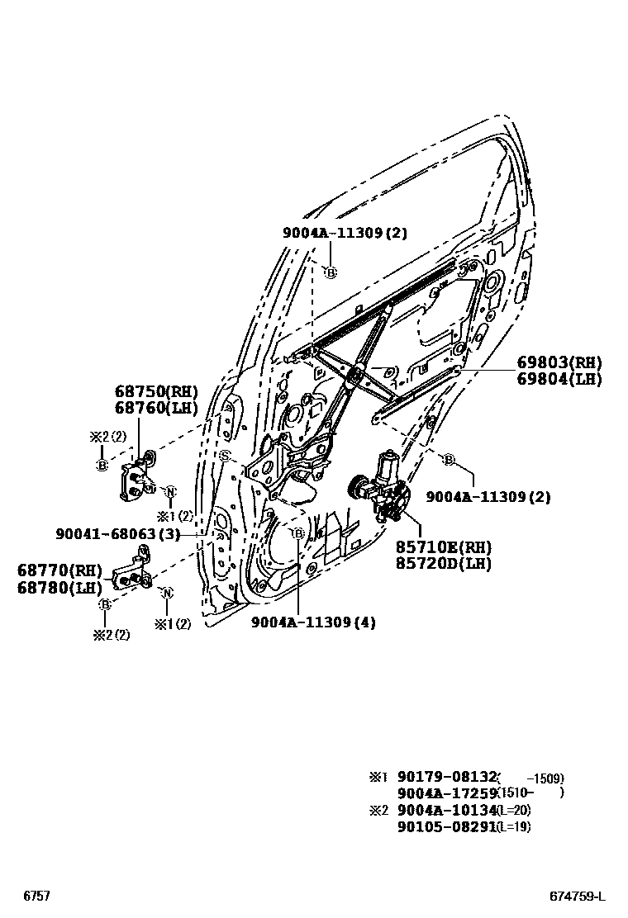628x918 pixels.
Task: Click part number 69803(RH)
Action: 559,362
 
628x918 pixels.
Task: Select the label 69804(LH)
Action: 559,379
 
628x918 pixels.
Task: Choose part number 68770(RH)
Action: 59,570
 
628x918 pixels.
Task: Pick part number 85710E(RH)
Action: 442,547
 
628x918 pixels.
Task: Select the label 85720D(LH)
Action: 442,564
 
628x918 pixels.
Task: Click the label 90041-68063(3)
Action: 118,534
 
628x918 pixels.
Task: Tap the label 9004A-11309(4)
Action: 313,622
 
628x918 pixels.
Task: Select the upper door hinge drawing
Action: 137,476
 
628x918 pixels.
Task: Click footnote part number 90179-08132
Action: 446,777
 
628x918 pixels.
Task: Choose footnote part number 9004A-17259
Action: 446,793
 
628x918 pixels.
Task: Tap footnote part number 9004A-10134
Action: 446,810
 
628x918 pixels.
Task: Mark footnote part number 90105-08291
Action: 446,826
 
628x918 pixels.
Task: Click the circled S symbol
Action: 223,456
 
